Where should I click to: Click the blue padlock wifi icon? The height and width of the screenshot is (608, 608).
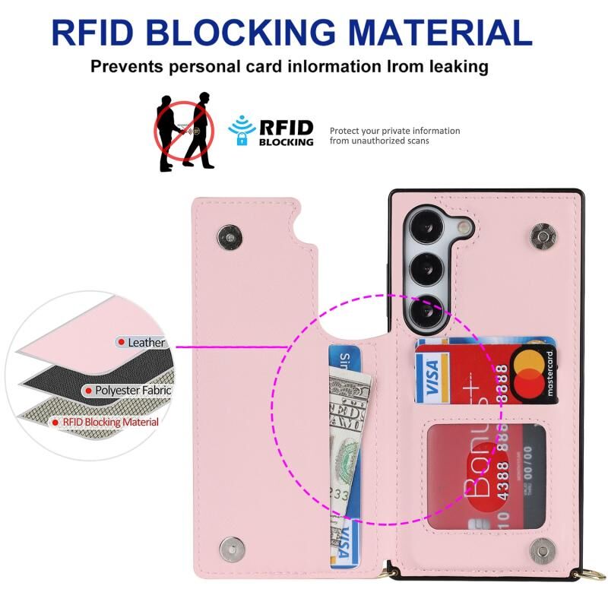tap(242, 130)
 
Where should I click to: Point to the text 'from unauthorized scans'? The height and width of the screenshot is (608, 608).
tap(379, 141)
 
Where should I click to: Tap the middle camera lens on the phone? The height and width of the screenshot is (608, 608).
tap(421, 268)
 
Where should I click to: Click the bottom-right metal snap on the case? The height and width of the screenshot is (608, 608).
tap(543, 548)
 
